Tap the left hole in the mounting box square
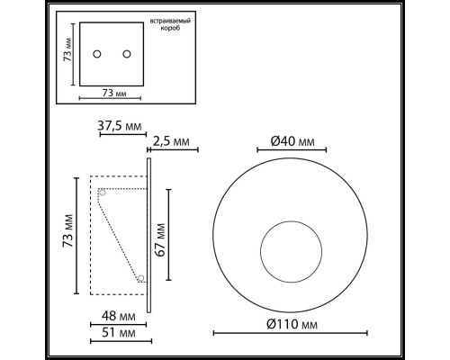point(96,51)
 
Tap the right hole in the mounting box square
point(121,51)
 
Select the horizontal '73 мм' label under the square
point(109,93)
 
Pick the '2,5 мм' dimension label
point(173,140)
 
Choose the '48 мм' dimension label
point(118,317)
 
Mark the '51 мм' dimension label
point(118,333)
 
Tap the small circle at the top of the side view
point(101,192)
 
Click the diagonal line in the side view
point(121,237)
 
